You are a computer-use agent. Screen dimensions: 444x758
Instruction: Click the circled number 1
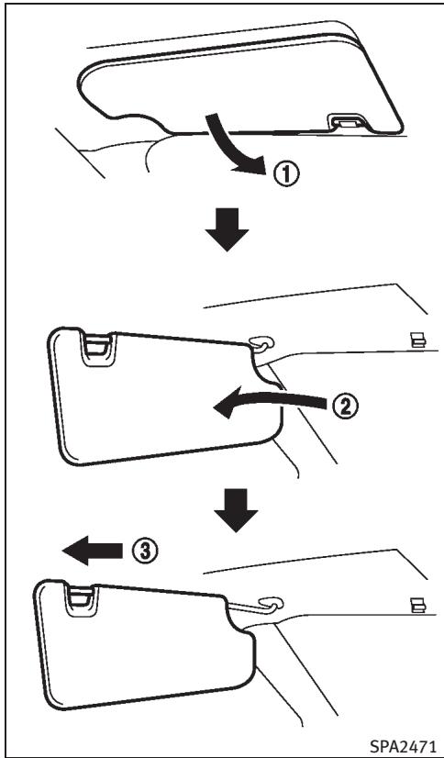coord(287,174)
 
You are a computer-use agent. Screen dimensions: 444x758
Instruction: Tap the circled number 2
coord(345,407)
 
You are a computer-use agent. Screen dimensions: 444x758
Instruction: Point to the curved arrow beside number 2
coord(271,400)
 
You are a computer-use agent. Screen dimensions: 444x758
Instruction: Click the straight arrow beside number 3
coord(93,550)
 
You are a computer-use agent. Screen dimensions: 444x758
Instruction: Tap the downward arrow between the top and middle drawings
coord(228,229)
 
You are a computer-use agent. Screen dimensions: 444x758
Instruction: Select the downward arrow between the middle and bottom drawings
coord(236,510)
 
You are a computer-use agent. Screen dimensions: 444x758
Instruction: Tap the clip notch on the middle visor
coord(98,347)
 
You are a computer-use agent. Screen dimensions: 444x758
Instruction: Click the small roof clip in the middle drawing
coord(417,340)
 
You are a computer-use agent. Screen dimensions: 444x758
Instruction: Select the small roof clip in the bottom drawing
coord(417,605)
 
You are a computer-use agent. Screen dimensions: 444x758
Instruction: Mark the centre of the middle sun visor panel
coord(164,396)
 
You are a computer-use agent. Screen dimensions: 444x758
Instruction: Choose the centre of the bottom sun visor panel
coord(145,648)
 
